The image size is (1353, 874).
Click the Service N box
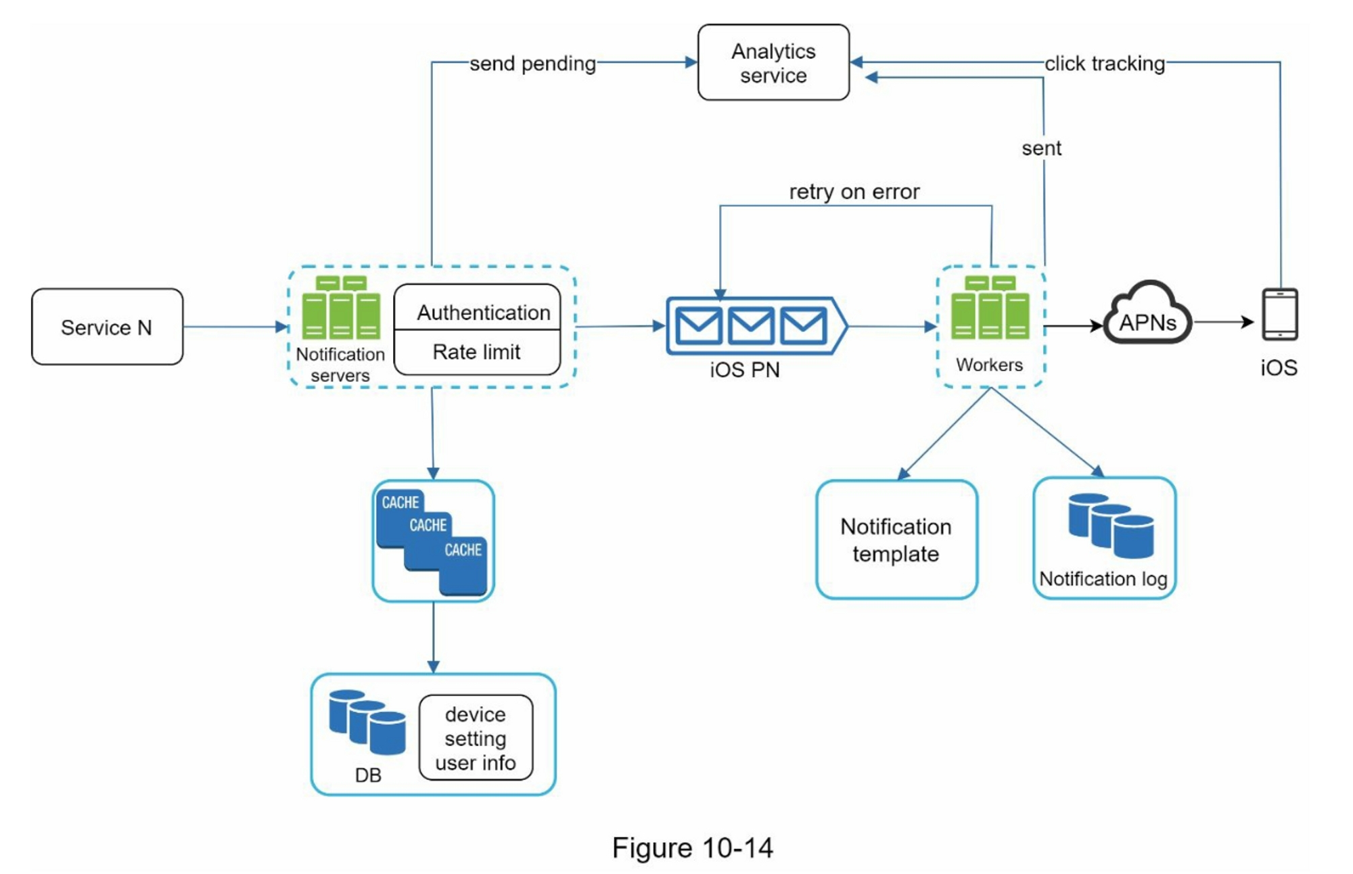107,327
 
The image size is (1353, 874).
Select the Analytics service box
773,62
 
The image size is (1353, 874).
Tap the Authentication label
483,312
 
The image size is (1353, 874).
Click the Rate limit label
476,352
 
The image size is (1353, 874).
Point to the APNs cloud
1147,318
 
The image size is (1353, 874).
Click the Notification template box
896,539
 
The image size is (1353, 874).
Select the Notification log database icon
1110,526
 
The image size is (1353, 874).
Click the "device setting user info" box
476,738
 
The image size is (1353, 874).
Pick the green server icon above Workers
990,308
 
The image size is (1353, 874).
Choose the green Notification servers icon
341,308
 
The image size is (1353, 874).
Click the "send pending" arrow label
532,64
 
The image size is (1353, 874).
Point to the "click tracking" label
1104,64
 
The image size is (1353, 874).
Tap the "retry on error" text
854,191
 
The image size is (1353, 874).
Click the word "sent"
1041,148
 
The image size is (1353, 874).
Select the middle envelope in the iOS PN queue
751,325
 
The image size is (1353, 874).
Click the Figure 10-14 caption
692,848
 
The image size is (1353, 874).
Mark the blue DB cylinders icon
367,722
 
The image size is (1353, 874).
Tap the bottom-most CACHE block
463,568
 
